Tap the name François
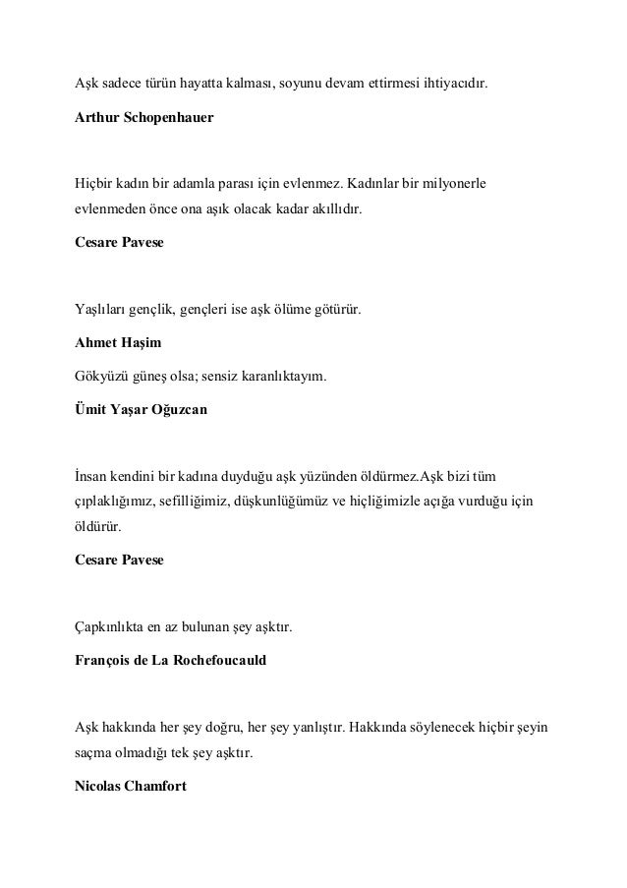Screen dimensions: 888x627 (104, 660)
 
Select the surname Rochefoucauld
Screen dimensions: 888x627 (216, 660)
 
